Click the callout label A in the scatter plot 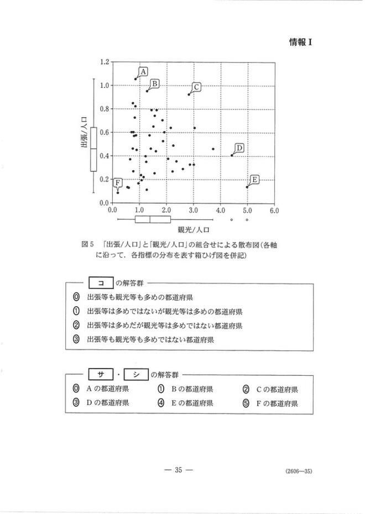pos(143,71)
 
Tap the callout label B pos(155,83)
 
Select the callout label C pos(196,87)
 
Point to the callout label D pos(239,148)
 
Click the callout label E pos(254,179)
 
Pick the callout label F pos(117,183)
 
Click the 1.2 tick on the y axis pos(103,61)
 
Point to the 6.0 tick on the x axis pos(274,211)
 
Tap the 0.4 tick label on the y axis pos(103,155)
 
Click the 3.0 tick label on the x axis pos(194,211)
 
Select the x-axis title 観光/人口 pos(193,228)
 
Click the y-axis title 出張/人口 pos(85,132)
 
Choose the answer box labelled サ pos(101,374)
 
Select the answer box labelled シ pos(134,374)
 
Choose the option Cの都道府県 pos(273,389)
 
